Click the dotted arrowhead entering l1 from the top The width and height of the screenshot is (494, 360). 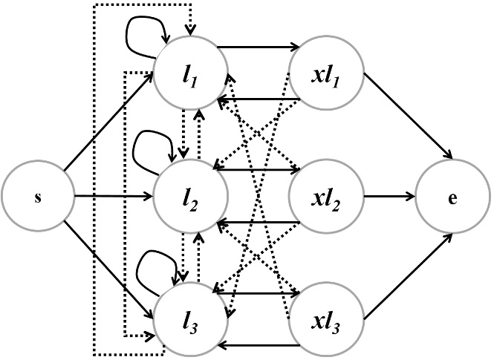click(x=192, y=30)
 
